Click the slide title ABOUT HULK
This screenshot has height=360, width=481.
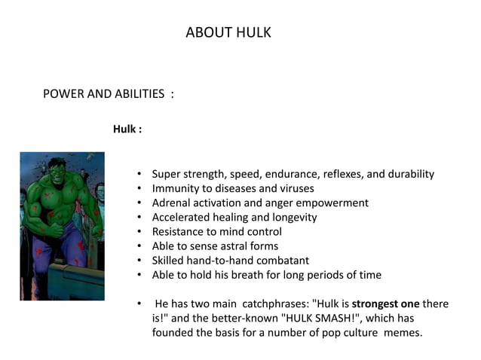[228, 33]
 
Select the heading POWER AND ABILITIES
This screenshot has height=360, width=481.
[104, 94]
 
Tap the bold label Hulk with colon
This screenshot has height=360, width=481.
[127, 129]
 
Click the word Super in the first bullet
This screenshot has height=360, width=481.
[167, 174]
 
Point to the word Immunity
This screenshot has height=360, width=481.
[176, 188]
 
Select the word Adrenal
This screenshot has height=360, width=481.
[173, 203]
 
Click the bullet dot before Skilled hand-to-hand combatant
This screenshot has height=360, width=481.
[141, 260]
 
